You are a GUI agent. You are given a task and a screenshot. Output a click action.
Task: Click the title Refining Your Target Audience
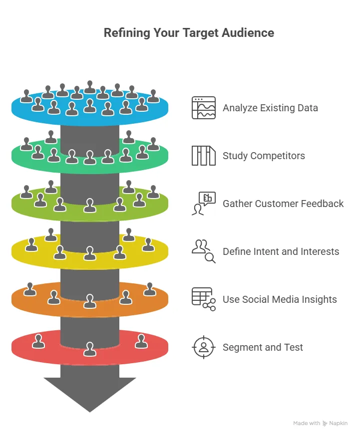[189, 33]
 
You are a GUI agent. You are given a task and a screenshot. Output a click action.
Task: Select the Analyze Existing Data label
[270, 108]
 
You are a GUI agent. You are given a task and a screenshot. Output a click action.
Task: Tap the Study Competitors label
[264, 156]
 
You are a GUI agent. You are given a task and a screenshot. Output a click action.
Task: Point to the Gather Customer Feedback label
[283, 204]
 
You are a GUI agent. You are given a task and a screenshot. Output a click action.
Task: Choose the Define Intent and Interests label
[281, 251]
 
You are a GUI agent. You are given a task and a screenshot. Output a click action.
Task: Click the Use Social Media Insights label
[280, 299]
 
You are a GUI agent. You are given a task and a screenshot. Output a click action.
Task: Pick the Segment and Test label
[263, 347]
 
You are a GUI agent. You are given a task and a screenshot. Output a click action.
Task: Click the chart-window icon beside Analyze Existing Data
[204, 108]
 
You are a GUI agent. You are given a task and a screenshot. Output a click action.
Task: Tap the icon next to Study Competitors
[204, 156]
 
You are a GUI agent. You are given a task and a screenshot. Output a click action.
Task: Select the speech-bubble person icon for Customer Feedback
[204, 204]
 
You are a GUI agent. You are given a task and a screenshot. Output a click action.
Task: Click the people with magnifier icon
[204, 251]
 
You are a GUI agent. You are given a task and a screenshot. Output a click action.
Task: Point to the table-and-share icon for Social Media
[204, 299]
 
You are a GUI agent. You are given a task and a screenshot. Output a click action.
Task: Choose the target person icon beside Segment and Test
[204, 347]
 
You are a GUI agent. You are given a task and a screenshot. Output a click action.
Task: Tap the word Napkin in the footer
[339, 423]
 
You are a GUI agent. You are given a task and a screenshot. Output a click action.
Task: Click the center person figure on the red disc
[90, 349]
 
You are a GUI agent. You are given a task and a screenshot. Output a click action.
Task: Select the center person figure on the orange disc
[90, 301]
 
